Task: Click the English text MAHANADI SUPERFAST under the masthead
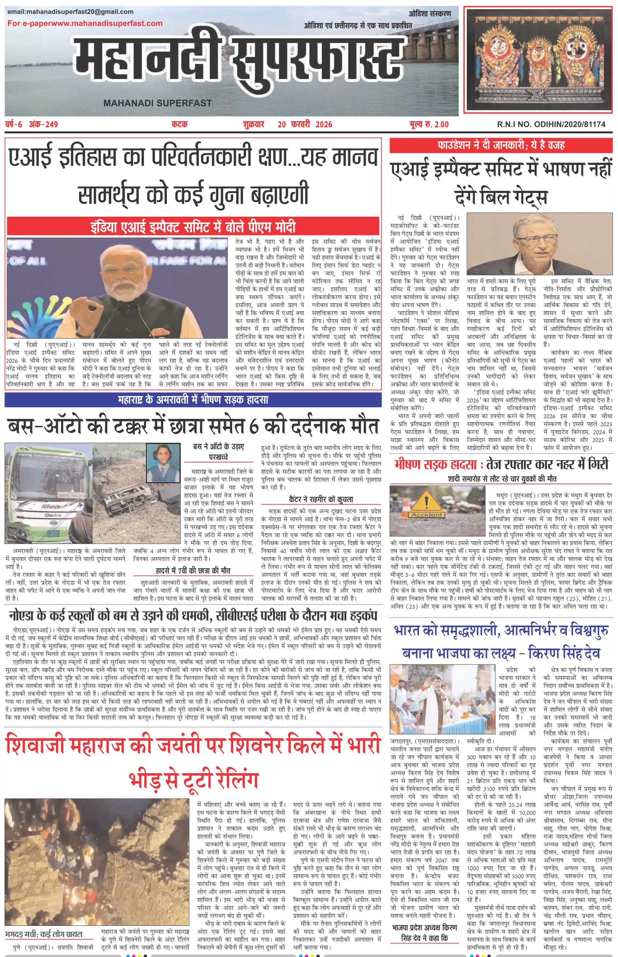pyautogui.click(x=157, y=103)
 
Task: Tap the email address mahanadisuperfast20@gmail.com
pyautogui.click(x=70, y=12)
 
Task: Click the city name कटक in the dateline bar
pyautogui.click(x=179, y=124)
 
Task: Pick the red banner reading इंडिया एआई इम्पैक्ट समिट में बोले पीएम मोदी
pyautogui.click(x=193, y=227)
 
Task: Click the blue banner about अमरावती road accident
pyautogui.click(x=193, y=400)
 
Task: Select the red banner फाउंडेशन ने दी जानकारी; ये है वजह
pyautogui.click(x=501, y=145)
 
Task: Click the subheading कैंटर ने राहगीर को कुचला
pyautogui.click(x=321, y=499)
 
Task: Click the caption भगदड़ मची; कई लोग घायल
pyautogui.click(x=44, y=934)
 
